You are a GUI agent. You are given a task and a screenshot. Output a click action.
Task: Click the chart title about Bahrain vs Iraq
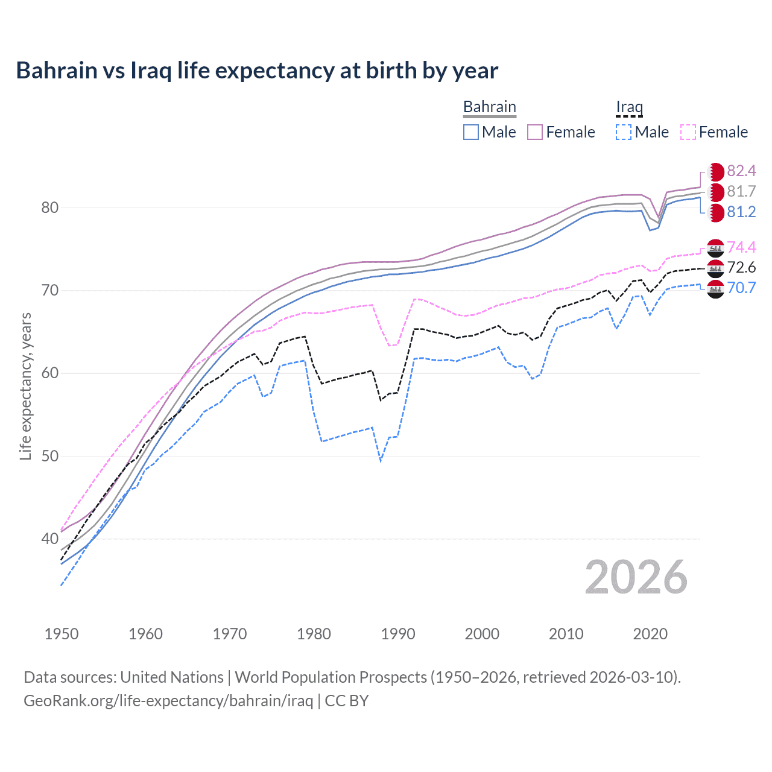point(257,71)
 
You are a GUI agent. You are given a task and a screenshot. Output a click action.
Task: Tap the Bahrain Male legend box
point(471,132)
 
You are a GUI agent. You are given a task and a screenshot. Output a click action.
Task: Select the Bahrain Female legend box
point(535,132)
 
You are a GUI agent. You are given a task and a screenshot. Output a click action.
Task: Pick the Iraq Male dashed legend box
point(624,132)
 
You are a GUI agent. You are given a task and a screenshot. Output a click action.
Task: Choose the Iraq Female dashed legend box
point(688,132)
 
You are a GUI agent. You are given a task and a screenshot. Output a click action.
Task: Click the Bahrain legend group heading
point(490,107)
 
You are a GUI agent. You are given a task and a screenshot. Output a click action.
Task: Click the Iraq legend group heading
point(629,107)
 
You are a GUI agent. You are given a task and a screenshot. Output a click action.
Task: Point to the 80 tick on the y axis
point(49,207)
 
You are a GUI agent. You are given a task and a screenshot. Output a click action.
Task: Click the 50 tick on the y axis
point(49,456)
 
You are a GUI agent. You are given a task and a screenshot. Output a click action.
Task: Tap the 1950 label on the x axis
point(62,634)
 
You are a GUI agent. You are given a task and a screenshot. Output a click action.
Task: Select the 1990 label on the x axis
point(398,634)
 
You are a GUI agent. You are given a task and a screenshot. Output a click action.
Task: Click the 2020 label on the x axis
point(650,634)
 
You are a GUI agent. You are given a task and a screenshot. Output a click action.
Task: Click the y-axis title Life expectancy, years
point(25,386)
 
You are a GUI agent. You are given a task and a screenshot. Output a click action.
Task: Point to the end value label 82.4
point(741,171)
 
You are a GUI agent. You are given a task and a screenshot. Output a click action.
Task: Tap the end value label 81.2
point(741,212)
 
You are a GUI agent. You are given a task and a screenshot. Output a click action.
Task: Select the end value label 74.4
point(741,247)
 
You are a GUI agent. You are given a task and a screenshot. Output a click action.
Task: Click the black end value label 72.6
point(741,267)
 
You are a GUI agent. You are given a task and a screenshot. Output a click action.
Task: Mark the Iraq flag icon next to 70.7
point(715,289)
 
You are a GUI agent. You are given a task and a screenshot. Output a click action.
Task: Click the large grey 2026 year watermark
point(636,577)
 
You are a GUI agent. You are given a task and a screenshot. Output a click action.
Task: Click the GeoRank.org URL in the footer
point(168,701)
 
